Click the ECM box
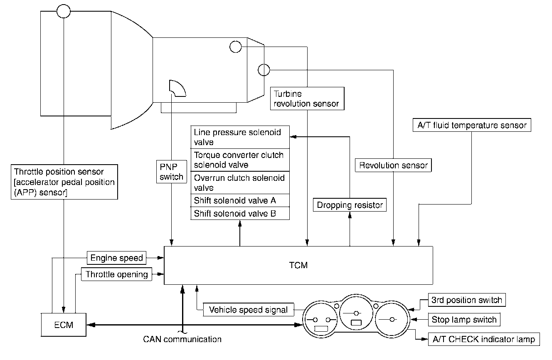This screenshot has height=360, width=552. pos(64,325)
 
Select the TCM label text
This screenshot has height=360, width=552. pos(299,265)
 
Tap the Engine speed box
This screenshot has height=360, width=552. pos(116,258)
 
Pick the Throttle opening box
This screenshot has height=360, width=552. pos(116,274)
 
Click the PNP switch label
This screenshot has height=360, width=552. pos(171,171)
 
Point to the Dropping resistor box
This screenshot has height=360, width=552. pos(350,205)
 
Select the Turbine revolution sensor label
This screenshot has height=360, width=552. pos(307,99)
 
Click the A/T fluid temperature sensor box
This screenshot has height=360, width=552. pos(472,125)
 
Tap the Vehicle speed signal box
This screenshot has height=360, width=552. pos(248,310)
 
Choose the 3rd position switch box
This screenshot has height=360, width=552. pos(466,300)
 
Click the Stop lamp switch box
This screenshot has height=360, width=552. pos(464,320)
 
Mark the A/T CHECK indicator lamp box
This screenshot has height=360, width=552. pos(484,339)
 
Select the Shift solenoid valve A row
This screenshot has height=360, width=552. pos(240,200)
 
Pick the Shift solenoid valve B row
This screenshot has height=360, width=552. pos(240,214)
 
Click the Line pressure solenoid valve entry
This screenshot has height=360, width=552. pos(240,137)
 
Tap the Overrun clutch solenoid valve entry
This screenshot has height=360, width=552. pos(240,182)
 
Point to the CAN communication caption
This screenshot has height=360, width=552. pos(182,339)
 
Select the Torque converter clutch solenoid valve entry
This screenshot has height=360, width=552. pos(240,160)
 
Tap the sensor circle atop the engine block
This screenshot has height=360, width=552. pos(63,11)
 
